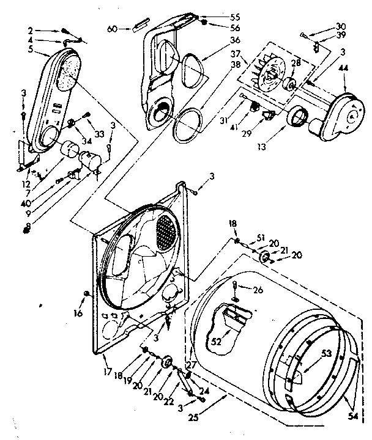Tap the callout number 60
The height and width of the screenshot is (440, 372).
point(112,28)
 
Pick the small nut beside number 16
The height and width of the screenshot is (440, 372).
point(86,295)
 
